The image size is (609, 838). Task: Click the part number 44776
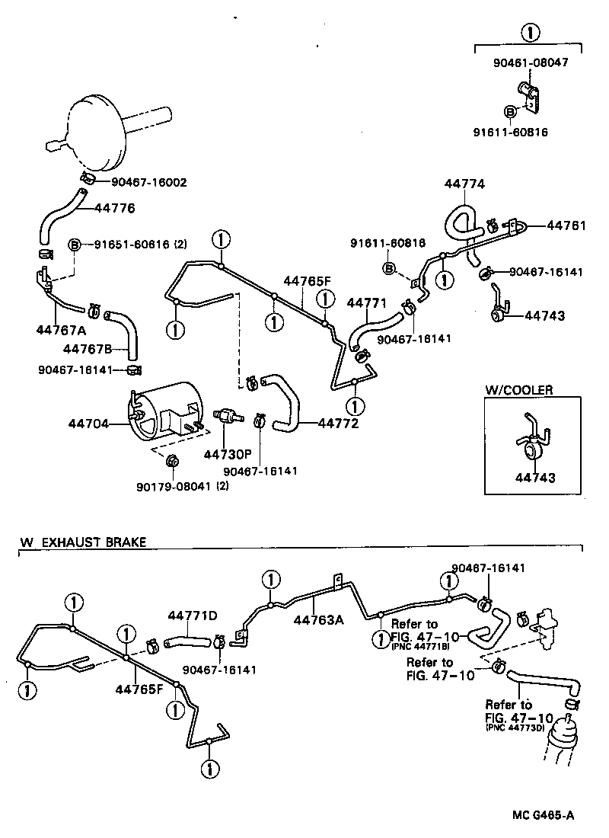pos(116,207)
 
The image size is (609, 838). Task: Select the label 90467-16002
pos(148,182)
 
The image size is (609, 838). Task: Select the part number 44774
pos(464,184)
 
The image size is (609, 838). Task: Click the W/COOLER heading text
pos(519,390)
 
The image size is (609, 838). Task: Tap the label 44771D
pos(193,615)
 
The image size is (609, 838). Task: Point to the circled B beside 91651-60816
pos(75,245)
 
